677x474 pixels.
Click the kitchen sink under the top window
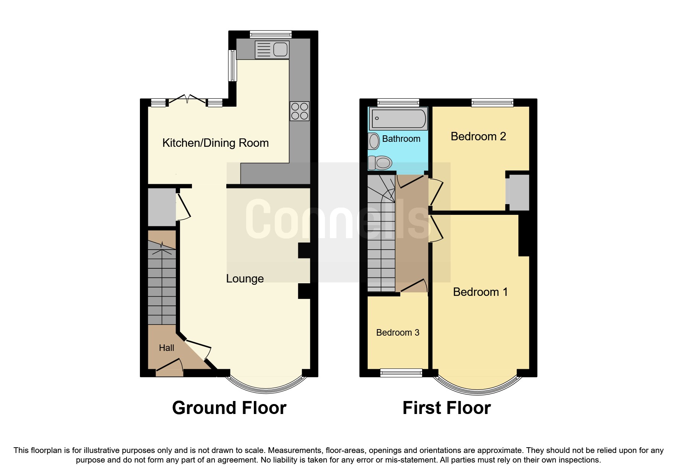point(272,49)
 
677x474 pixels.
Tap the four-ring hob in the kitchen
point(299,111)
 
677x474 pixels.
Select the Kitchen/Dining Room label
point(215,143)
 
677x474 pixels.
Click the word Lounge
point(245,279)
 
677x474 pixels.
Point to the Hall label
point(166,348)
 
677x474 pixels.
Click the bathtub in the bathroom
point(398,118)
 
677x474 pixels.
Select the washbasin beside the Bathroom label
point(374,141)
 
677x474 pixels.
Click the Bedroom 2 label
point(478,136)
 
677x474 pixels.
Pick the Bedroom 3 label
point(398,333)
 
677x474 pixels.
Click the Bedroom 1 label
point(480,292)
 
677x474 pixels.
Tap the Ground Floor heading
point(229,408)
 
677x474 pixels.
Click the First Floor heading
point(446,408)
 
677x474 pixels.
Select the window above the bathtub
point(398,102)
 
